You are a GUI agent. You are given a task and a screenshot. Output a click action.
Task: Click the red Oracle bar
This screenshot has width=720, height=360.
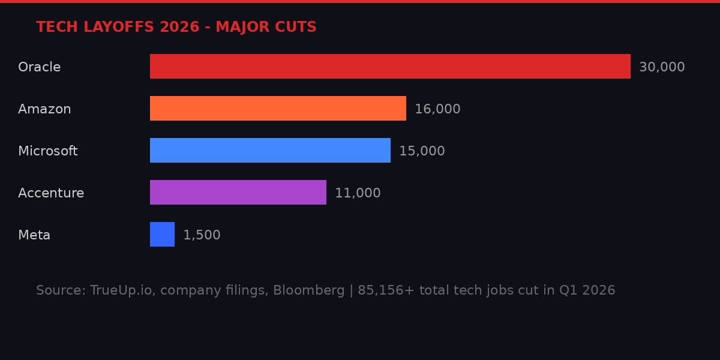pyautogui.click(x=390, y=66)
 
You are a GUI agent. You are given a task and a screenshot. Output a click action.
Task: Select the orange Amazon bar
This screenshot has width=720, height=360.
pyautogui.click(x=278, y=108)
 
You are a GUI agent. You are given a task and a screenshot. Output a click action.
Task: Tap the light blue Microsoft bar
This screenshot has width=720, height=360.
pyautogui.click(x=270, y=150)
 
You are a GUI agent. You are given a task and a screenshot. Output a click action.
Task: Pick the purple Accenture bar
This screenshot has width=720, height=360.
pyautogui.click(x=238, y=192)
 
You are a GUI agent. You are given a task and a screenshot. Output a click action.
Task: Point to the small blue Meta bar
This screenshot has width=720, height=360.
pyautogui.click(x=162, y=234)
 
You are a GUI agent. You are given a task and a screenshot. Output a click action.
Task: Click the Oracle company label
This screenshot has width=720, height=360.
pyautogui.click(x=39, y=67)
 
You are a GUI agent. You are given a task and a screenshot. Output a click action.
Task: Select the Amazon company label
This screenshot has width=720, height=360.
pyautogui.click(x=44, y=109)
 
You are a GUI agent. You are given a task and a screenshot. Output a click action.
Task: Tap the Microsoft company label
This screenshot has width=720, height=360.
pyautogui.click(x=48, y=151)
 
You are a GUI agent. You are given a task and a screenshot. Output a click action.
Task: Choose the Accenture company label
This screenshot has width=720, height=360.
pyautogui.click(x=51, y=193)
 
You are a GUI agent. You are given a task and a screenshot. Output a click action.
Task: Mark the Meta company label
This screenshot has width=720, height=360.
pyautogui.click(x=34, y=235)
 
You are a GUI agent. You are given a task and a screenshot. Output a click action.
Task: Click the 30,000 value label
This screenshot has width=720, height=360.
pyautogui.click(x=662, y=67)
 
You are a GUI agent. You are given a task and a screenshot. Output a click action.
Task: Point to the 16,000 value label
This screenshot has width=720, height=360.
pyautogui.click(x=437, y=109)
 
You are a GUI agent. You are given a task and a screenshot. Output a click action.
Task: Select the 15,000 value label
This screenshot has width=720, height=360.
pyautogui.click(x=422, y=151)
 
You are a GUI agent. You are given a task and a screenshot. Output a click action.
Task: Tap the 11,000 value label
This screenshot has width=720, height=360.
pyautogui.click(x=358, y=193)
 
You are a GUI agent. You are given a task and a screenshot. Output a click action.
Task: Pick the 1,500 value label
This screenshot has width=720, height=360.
pyautogui.click(x=202, y=235)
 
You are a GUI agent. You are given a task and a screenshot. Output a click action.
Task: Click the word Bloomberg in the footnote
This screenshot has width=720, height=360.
pyautogui.click(x=308, y=290)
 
